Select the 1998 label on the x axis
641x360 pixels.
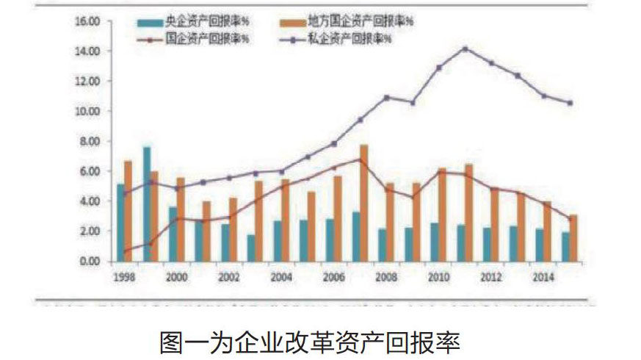(x=123, y=278)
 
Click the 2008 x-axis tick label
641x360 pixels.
(x=386, y=278)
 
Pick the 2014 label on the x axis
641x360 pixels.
(x=543, y=278)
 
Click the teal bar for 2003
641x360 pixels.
(x=251, y=248)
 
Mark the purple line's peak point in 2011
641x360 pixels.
(x=465, y=49)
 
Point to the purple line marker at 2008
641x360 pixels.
(x=387, y=97)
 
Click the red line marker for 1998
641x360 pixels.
(x=125, y=251)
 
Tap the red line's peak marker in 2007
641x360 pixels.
(x=361, y=159)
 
